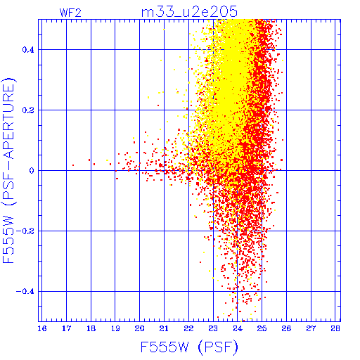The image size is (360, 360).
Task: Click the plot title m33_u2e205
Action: pos(189,12)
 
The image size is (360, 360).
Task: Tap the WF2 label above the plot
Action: pos(70,13)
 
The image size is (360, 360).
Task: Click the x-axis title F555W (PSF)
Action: pos(189,347)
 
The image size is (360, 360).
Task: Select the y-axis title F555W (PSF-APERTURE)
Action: pos(9,170)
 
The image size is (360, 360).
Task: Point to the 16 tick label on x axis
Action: pos(42,328)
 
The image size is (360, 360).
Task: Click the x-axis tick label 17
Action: pos(66,328)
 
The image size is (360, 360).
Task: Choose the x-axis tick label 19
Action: pos(115,328)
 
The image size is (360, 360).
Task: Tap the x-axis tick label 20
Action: pos(140,328)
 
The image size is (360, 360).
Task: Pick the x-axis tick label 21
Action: pos(164,328)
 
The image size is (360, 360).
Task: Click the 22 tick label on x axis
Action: pos(188,328)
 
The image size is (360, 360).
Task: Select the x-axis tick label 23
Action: pos(213,328)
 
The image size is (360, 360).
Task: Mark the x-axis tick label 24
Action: pos(238,328)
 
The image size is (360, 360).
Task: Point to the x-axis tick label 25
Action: pos(262,328)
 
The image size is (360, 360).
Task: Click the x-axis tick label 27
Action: pos(311,328)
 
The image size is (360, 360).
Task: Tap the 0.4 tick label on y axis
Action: pos(28,50)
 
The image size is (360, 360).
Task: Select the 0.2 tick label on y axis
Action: pos(28,110)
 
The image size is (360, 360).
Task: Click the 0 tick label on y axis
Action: pos(32,171)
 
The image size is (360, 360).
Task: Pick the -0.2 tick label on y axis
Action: pos(25,231)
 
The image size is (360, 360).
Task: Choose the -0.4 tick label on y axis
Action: pos(25,292)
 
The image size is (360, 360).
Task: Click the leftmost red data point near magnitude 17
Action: pos(73,165)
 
